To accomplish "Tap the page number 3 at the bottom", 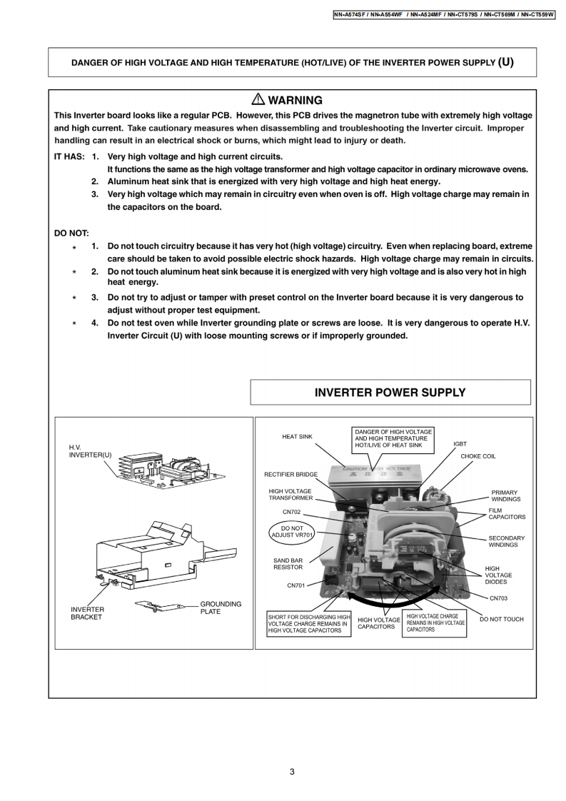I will [x=292, y=771].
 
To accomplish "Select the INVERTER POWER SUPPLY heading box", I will [x=390, y=393].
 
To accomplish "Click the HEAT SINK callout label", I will [x=297, y=436].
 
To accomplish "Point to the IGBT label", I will [x=460, y=443].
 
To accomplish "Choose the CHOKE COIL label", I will [x=477, y=456].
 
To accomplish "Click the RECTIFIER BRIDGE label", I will [x=290, y=474].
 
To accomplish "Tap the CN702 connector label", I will [x=292, y=512].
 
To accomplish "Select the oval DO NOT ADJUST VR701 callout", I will [x=293, y=532].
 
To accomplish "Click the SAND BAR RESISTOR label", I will [x=288, y=564].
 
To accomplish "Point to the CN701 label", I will [x=296, y=585].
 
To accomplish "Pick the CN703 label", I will [x=498, y=598].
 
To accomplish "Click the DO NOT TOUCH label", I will [x=501, y=619].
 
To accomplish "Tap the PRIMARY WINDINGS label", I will [x=505, y=496].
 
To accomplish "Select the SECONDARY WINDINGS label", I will [x=506, y=541].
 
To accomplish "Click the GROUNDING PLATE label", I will [x=221, y=608].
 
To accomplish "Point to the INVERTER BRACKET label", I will [x=86, y=613].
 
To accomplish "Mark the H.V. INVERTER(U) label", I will [x=91, y=451].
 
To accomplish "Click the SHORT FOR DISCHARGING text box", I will [x=309, y=624].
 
